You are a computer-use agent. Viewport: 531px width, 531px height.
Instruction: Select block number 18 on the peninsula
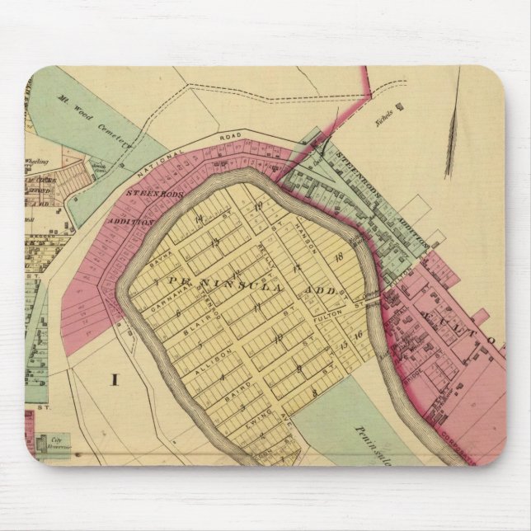(x=337, y=259)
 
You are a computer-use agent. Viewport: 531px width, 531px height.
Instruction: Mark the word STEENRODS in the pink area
(x=149, y=195)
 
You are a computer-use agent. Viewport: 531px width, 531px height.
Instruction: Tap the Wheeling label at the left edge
(x=37, y=162)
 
